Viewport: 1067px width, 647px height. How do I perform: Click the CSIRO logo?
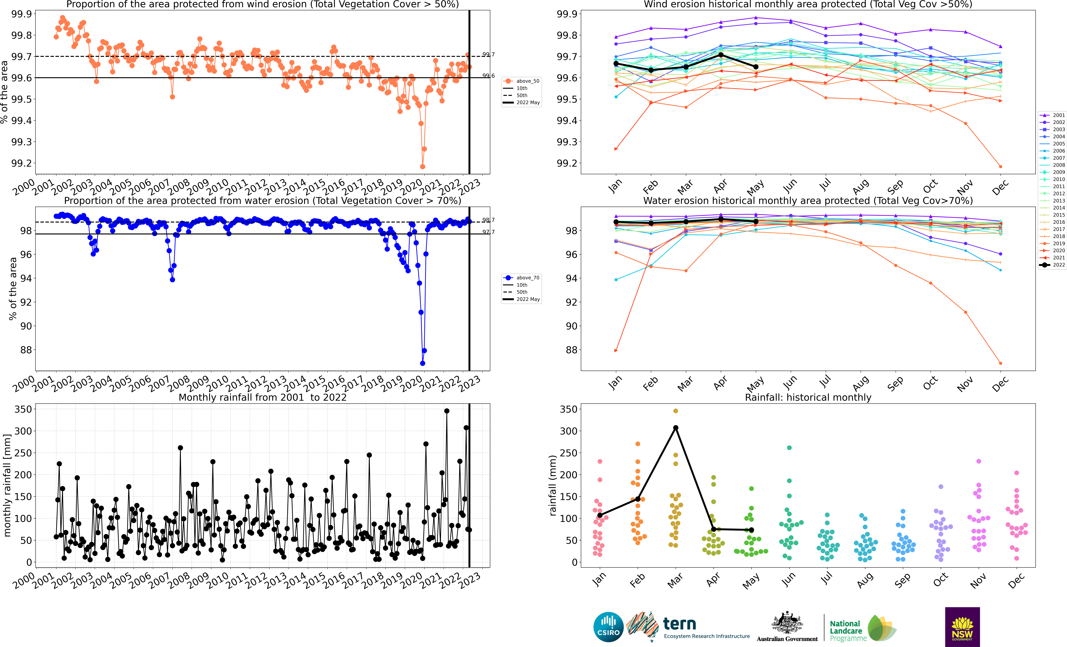click(x=608, y=627)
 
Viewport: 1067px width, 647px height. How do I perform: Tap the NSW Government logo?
click(x=962, y=627)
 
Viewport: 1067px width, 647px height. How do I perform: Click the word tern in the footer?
click(x=679, y=624)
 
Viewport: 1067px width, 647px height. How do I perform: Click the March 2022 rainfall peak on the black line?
click(x=676, y=428)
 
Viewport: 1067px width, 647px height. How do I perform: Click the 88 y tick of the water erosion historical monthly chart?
click(x=572, y=350)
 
